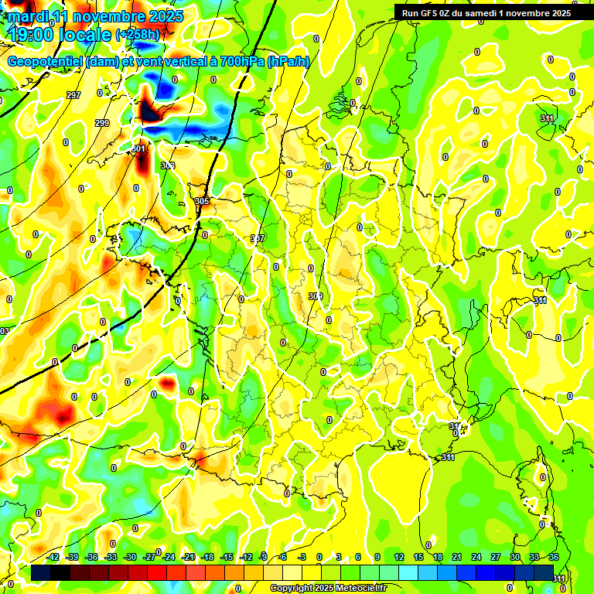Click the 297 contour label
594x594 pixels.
[x=73, y=95]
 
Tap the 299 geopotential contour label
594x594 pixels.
[x=102, y=123]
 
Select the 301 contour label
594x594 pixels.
[x=138, y=148]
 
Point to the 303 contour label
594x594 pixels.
[x=167, y=166]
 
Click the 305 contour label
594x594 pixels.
[x=202, y=201]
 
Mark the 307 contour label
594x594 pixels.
[x=258, y=238]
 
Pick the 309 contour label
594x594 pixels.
[x=315, y=296]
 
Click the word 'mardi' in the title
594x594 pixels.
[x=29, y=16]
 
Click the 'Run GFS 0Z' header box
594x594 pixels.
[x=486, y=12]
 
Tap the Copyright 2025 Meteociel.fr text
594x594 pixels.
[x=327, y=589]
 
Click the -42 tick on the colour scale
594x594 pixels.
[x=53, y=557]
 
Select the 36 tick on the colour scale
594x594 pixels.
[x=554, y=557]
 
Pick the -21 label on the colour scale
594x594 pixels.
[x=188, y=557]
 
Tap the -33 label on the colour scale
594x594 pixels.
[x=111, y=557]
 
